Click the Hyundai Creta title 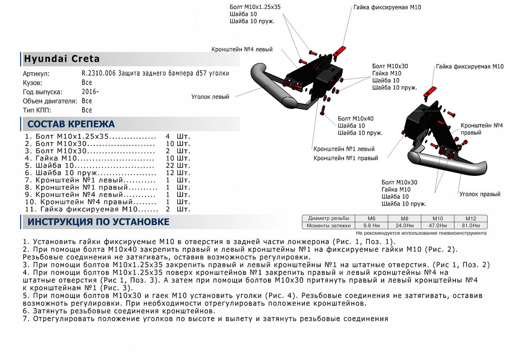click(62, 59)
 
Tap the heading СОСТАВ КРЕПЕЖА click(71, 124)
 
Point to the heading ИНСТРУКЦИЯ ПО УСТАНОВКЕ click(98, 222)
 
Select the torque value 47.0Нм click(437, 225)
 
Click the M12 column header click(471, 218)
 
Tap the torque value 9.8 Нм click(372, 225)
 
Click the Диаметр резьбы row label click(328, 218)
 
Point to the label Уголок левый click(210, 97)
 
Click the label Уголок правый click(480, 194)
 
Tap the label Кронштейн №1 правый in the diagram click(346, 158)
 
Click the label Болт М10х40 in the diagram click(355, 118)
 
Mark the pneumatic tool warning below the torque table click(421, 233)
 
